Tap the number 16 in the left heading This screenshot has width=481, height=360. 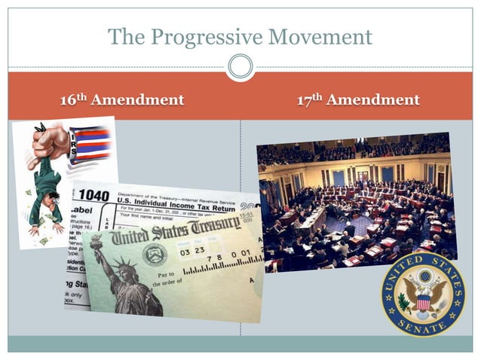tap(69, 100)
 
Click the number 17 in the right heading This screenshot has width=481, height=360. tap(304, 100)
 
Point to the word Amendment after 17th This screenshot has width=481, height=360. tap(373, 100)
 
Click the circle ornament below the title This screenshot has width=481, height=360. tap(240, 67)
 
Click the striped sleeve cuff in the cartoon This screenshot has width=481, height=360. tap(90, 145)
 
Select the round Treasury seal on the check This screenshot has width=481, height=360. tap(155, 254)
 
